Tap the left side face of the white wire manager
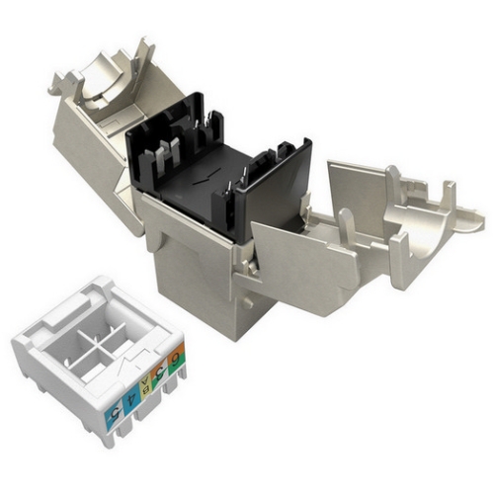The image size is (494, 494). [49, 385]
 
